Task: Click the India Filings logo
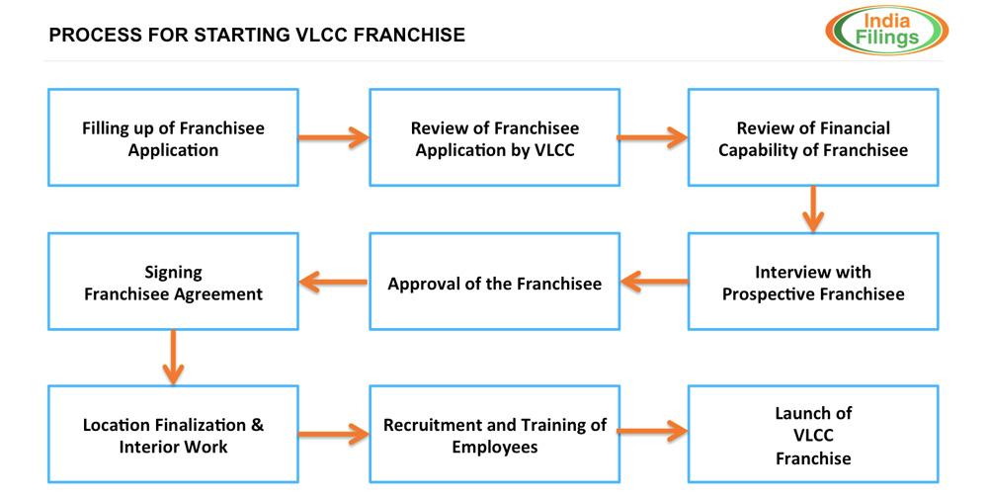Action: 885,29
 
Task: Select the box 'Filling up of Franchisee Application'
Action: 173,138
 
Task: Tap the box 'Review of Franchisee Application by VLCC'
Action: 494,138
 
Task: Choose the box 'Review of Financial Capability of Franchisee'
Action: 813,138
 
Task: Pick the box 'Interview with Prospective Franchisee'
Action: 813,282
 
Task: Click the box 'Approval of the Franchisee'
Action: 494,283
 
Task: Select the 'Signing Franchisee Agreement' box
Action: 173,282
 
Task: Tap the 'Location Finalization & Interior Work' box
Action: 173,435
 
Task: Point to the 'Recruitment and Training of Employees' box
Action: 494,435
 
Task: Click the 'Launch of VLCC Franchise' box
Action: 813,435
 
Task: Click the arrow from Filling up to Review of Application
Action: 333,136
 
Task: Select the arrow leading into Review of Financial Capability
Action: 653,136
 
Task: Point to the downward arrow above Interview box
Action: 812,209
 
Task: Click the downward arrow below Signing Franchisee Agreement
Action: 172,358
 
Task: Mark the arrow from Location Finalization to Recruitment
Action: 333,433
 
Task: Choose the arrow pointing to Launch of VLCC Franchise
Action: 653,431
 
